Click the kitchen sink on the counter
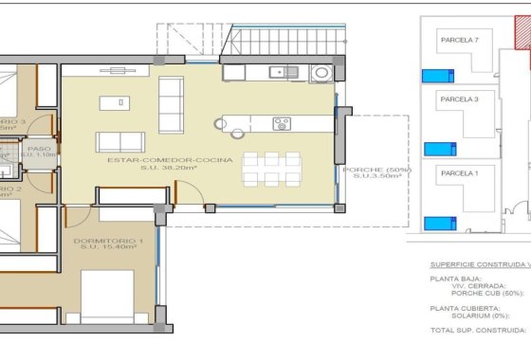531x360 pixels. pos(279,71)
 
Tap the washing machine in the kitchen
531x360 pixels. pos(321,72)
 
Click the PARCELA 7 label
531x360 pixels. pos(459,40)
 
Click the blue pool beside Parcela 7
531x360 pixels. pos(435,76)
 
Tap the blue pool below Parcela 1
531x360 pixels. pos(436,224)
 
